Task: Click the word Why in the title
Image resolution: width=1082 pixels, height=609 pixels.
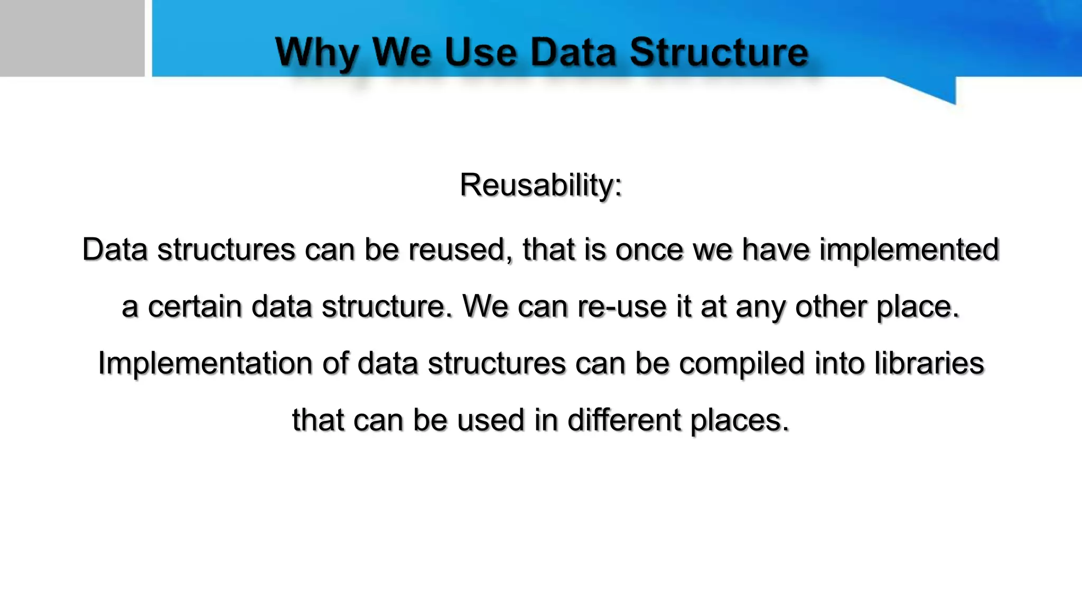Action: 318,53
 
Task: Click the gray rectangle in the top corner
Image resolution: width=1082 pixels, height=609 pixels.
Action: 72,38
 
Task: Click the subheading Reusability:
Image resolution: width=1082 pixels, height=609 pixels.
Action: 541,185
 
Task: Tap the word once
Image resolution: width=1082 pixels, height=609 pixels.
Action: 649,250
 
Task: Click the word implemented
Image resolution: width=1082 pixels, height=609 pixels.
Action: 909,250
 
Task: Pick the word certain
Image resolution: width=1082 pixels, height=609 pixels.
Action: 194,307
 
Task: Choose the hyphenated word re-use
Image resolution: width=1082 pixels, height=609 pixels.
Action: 622,307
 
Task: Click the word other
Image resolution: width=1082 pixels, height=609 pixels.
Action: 831,307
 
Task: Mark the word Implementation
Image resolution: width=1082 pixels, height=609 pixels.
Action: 205,364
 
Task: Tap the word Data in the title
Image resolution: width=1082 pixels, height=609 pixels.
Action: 573,52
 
